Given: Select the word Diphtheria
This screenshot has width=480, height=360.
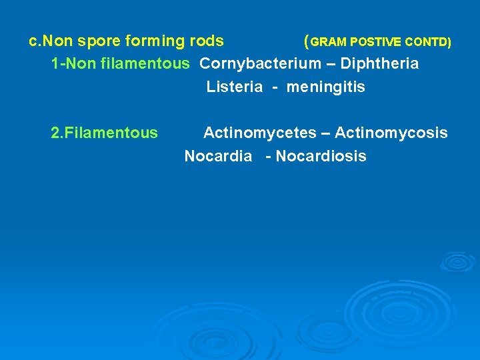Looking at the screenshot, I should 379,64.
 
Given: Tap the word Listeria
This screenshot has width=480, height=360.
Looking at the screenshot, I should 234,87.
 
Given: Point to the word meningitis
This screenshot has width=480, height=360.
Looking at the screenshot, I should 326,87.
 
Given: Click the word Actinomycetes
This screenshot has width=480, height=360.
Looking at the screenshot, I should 259,133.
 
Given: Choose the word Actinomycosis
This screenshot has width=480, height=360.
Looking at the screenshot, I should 391,133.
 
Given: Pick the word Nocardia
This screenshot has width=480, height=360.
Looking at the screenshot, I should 218,157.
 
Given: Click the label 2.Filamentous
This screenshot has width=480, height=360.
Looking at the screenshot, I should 104,133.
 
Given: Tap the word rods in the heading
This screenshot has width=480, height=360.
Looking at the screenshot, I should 207,41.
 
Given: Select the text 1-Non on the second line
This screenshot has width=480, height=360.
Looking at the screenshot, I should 70,64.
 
